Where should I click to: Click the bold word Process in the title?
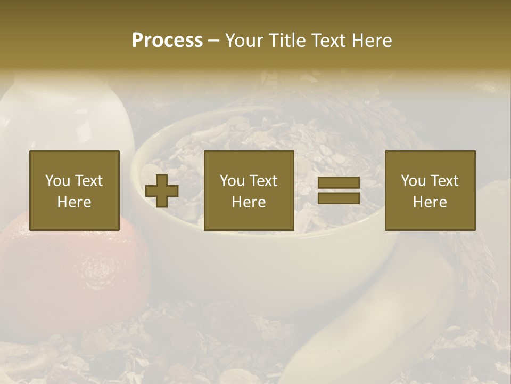tap(167, 41)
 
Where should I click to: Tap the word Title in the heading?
tap(287, 41)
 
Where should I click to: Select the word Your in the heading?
tap(245, 41)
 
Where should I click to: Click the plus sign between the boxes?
tap(162, 191)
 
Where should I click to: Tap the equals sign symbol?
tap(339, 191)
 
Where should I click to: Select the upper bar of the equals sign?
tap(339, 183)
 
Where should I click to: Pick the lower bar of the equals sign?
tap(339, 198)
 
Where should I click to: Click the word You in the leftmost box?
tap(57, 181)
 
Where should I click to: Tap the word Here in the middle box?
tap(249, 202)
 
